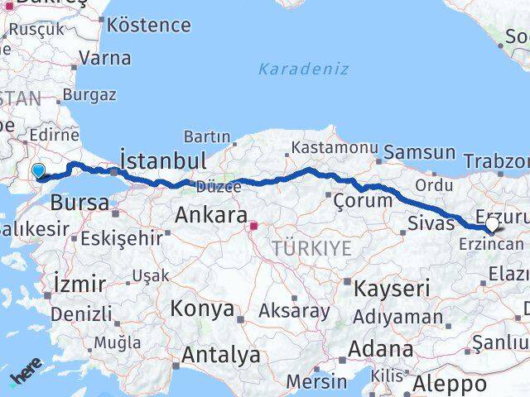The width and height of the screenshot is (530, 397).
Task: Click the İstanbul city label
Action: coord(163,158)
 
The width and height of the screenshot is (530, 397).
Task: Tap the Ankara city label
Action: coord(211,217)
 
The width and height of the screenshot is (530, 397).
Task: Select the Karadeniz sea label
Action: coord(303,69)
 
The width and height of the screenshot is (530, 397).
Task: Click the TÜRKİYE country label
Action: coord(311,248)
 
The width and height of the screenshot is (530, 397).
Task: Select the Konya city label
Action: coord(201,309)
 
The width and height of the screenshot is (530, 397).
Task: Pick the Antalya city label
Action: coord(220,356)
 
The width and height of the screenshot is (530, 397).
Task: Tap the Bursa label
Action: coord(79,203)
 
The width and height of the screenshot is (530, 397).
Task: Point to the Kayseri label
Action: coord(392,289)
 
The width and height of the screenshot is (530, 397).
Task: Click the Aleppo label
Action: coord(450,385)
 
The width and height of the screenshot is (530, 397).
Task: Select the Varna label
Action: coord(105,58)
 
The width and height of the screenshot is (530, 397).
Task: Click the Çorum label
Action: coord(362,200)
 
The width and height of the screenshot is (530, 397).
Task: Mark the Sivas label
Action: coord(431,222)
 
